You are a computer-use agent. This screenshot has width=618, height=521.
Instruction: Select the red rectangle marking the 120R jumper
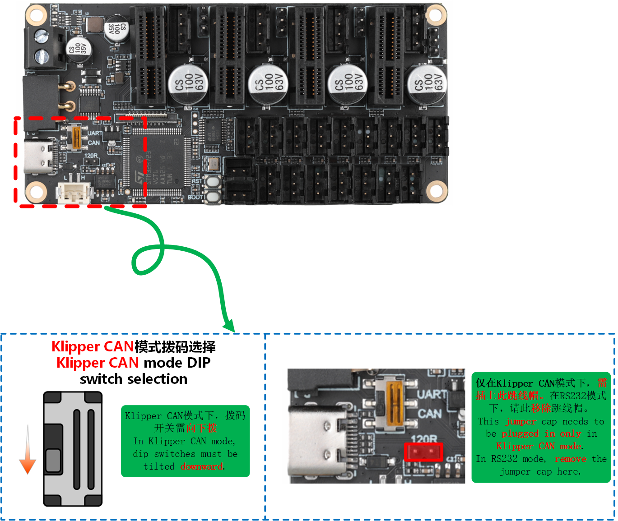click(x=423, y=452)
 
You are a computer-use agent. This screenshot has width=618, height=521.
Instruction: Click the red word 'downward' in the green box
click(x=201, y=466)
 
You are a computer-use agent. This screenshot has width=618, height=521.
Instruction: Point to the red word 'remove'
click(x=570, y=459)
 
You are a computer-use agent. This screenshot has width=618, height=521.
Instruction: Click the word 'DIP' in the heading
click(x=199, y=363)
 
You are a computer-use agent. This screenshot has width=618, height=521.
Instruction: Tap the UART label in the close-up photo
click(x=432, y=395)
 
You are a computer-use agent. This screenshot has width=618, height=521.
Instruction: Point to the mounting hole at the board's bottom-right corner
click(x=436, y=190)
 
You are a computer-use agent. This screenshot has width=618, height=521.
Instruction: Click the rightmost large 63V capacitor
click(x=427, y=83)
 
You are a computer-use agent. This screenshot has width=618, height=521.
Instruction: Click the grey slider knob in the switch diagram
click(x=53, y=460)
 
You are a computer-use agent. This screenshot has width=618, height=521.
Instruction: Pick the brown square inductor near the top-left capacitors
click(x=95, y=25)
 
